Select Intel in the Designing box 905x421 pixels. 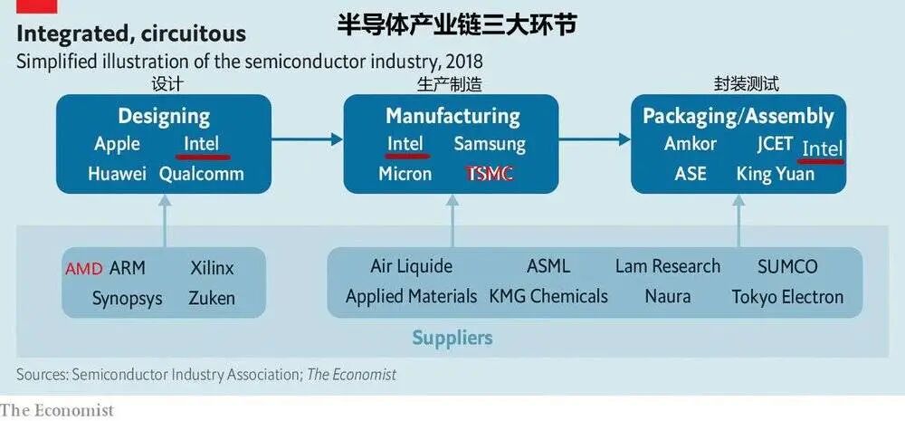coord(201,143)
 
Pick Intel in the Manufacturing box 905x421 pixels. coord(405,143)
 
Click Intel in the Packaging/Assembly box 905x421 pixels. coord(823,148)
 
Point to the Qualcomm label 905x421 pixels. coord(201,174)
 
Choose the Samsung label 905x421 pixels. coord(489,143)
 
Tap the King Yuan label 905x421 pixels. coord(775,174)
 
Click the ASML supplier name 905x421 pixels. coord(548,266)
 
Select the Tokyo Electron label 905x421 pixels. coord(786,296)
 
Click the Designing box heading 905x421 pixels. coord(164,116)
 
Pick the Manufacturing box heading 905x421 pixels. coord(452,116)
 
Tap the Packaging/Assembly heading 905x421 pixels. coord(738,116)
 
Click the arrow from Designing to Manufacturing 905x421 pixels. coord(307,139)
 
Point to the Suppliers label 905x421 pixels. coord(452,338)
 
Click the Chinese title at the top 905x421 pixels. coord(456,24)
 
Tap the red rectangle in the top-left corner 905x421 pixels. coord(37,5)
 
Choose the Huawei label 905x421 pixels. coord(117,174)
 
